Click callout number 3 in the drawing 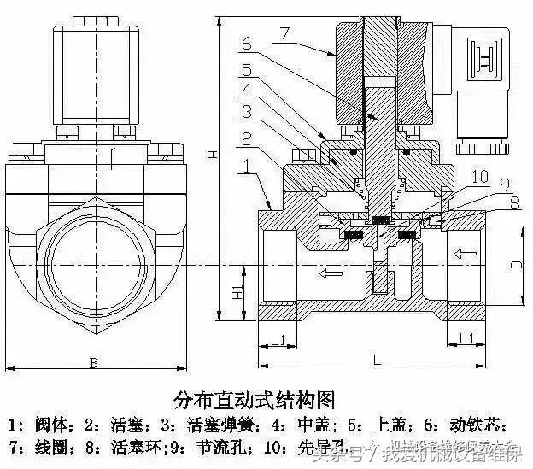tap(245, 111)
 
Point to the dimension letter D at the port tap(516, 264)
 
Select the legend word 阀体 tap(40, 425)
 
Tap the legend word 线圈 tap(39, 446)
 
